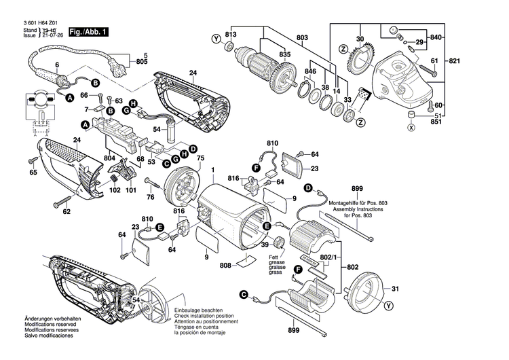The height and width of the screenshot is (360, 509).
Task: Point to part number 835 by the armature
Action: coord(284,54)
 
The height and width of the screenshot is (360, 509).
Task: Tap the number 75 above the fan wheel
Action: coord(200,159)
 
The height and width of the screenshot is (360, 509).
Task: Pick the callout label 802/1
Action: coord(327,256)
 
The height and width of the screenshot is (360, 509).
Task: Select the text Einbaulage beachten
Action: coord(197,310)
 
